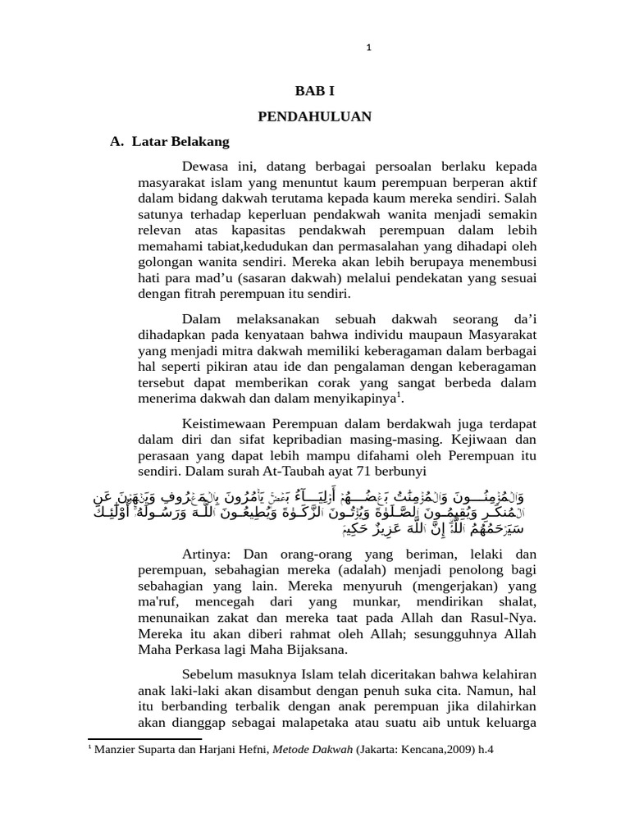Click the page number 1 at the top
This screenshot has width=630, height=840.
click(x=369, y=48)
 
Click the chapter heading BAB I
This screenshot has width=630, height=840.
click(x=315, y=91)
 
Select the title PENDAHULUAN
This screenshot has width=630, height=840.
click(x=315, y=116)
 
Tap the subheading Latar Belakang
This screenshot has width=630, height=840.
click(x=180, y=141)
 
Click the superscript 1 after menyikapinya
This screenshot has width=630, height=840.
click(x=399, y=395)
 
